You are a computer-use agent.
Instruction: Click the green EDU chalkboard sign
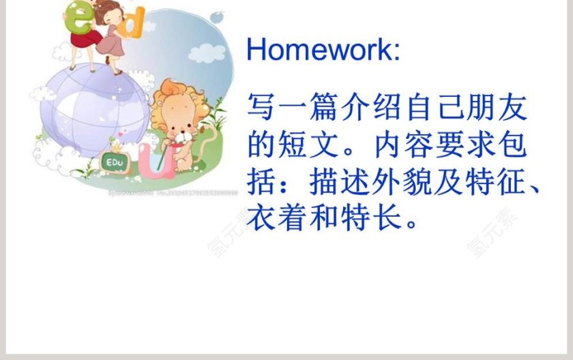pyautogui.click(x=113, y=163)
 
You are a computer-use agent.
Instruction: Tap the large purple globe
pyautogui.click(x=89, y=109)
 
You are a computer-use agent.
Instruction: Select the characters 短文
pyautogui.click(x=306, y=147)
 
